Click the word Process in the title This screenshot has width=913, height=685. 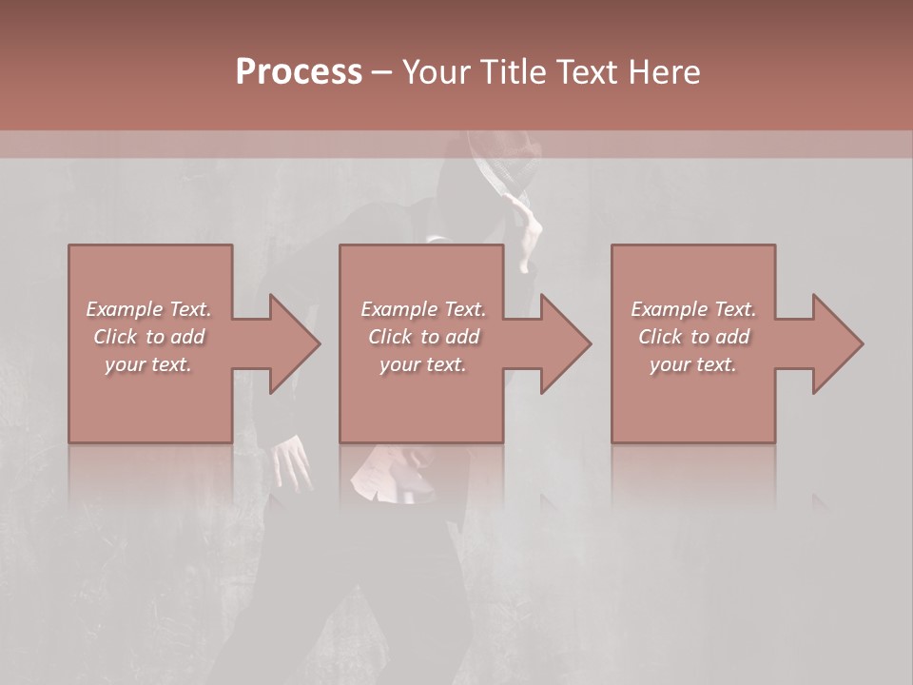pos(299,72)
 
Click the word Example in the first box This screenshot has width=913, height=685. pos(125,309)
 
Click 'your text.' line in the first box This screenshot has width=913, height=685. pos(148,364)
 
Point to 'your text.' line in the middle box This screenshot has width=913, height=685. pos(423,364)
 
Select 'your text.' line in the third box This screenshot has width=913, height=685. pos(693,364)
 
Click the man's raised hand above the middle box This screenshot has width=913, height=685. pos(529,228)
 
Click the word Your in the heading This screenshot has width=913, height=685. pos(437,72)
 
